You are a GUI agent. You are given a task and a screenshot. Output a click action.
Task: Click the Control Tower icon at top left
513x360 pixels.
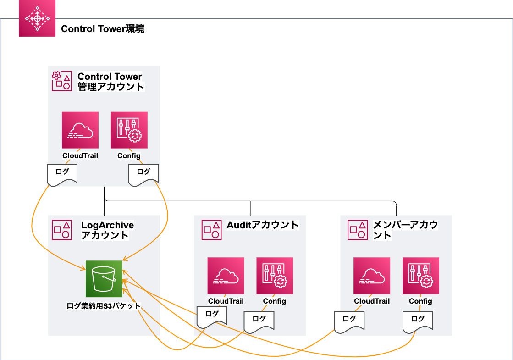(37, 18)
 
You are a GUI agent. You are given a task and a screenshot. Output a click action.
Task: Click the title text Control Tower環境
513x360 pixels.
(103, 29)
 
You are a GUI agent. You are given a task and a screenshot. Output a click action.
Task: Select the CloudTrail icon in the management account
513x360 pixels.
(80, 130)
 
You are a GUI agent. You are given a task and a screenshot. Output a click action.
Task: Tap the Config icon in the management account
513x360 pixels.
(129, 130)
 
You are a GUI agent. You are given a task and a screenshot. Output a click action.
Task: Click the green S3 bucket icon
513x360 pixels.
(104, 279)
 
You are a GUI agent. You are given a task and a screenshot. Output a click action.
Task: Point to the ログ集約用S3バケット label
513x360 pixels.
(104, 306)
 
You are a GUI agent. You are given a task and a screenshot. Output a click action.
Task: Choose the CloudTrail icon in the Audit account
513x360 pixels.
(226, 276)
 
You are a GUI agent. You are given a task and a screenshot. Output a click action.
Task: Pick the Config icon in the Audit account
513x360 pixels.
(275, 276)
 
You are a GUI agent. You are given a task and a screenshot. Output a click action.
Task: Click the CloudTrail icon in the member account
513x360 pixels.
(372, 276)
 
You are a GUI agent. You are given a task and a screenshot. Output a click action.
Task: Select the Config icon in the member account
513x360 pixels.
(421, 276)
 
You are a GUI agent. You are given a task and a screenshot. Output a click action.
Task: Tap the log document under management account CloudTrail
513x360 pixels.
(62, 175)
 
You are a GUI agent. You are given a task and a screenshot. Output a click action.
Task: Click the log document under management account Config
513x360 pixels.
(143, 175)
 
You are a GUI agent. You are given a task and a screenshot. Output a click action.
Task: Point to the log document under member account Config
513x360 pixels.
(418, 322)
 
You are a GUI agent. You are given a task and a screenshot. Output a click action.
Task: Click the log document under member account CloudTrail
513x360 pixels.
(349, 322)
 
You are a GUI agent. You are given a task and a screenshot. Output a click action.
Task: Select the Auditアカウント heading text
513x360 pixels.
(262, 225)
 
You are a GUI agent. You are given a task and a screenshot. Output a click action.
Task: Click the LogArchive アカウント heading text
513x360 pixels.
(107, 230)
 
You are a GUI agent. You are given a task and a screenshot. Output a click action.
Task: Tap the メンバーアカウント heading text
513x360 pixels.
(405, 230)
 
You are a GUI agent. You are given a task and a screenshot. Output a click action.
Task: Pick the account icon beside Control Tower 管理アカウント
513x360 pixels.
(62, 81)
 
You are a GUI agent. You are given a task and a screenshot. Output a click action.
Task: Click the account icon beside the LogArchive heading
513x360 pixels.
(62, 230)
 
